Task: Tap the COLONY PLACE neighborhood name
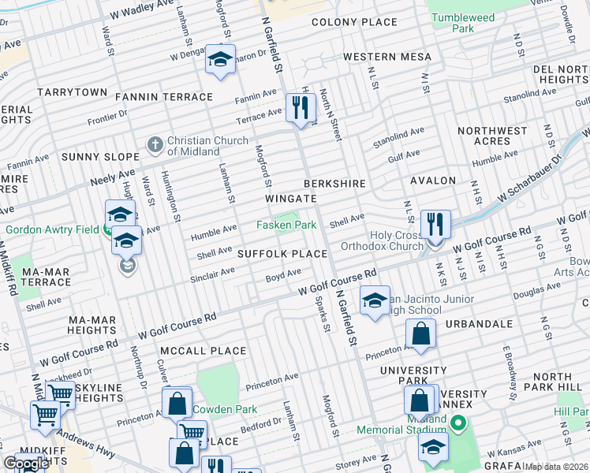pyautogui.click(x=354, y=22)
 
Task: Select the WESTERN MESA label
pyautogui.click(x=387, y=57)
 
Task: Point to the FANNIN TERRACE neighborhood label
pyautogui.click(x=164, y=97)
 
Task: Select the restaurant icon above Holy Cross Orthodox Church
pyautogui.click(x=435, y=224)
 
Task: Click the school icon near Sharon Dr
pyautogui.click(x=220, y=59)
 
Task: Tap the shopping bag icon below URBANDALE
pyautogui.click(x=422, y=334)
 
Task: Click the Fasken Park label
pyautogui.click(x=286, y=225)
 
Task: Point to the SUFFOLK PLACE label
pyautogui.click(x=282, y=254)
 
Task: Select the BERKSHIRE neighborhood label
pyautogui.click(x=337, y=184)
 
